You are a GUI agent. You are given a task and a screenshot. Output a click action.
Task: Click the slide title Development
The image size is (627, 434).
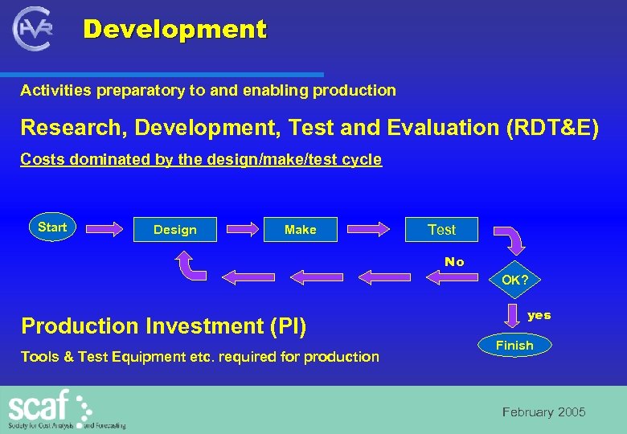174,30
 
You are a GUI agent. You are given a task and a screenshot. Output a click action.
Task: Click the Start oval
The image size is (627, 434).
52,227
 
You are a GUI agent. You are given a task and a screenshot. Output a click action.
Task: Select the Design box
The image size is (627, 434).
174,230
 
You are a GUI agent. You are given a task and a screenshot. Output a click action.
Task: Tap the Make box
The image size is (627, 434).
300,230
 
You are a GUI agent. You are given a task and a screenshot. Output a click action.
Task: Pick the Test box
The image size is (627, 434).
441,230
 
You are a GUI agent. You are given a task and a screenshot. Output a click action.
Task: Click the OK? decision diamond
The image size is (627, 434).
514,280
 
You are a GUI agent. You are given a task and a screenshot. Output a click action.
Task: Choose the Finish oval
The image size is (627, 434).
514,346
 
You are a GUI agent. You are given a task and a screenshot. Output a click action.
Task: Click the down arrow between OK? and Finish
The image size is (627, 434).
514,313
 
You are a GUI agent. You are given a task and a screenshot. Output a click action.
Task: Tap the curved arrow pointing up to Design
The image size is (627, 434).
187,266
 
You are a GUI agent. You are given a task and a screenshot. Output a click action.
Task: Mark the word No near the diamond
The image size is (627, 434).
454,262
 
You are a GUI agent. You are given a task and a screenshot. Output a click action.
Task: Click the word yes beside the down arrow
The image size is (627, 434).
539,315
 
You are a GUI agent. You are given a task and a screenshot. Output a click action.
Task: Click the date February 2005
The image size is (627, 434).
544,412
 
